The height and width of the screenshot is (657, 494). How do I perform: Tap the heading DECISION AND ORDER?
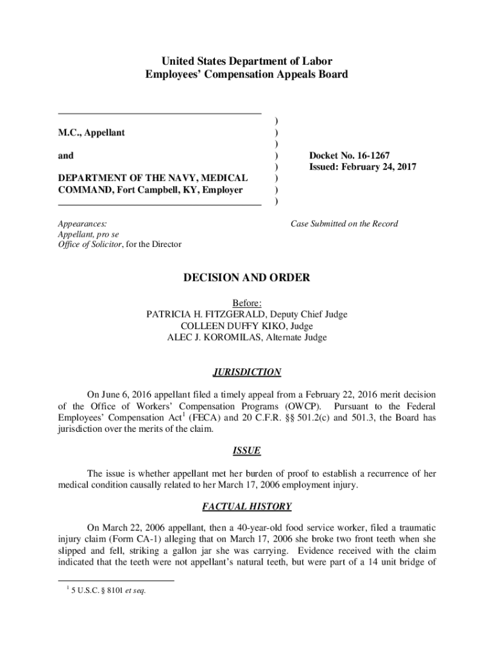pos(247,278)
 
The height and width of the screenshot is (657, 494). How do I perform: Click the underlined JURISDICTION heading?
pos(247,372)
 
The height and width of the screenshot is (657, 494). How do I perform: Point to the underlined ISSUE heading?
pos(247,451)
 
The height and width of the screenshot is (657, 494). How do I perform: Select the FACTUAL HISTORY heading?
pos(247,506)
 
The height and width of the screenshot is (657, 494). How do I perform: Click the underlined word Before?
pos(247,303)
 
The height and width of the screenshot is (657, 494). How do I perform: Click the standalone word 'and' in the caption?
pos(65,156)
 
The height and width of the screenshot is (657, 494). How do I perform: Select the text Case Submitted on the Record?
pos(344,224)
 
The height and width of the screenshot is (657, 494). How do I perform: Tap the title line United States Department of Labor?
pos(247,62)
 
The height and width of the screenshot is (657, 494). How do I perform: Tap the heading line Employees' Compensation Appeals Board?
pos(247,74)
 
